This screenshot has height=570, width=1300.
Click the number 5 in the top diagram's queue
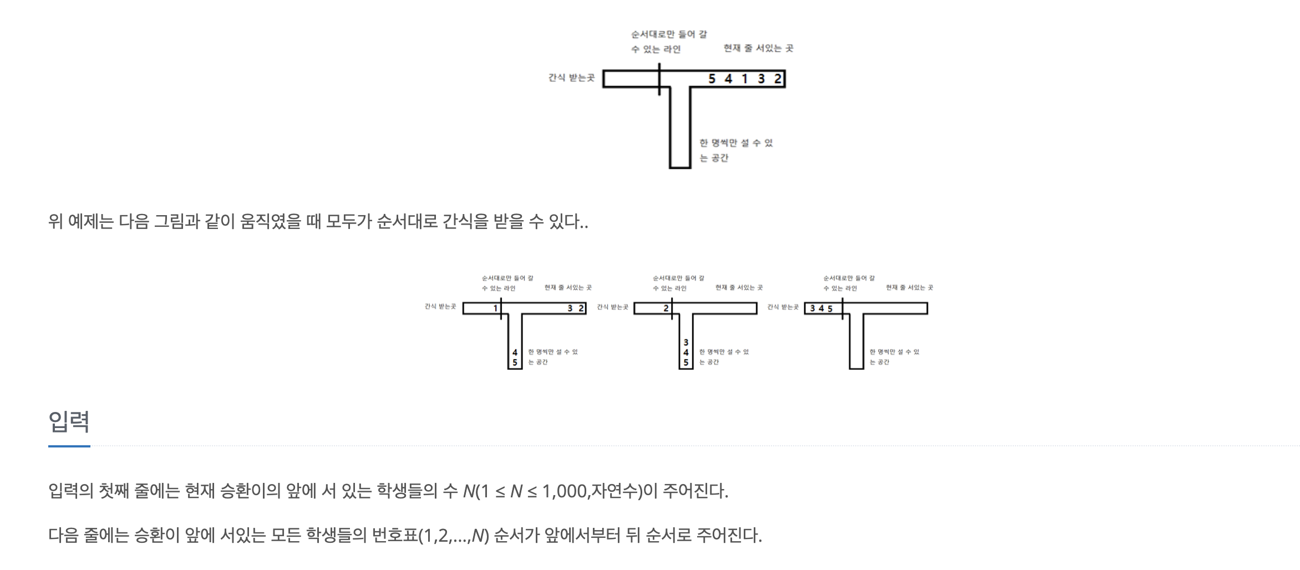point(712,79)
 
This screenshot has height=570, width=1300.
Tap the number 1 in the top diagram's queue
point(745,79)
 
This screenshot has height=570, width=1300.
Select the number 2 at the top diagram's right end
point(778,79)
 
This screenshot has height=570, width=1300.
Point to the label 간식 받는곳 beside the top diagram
point(571,78)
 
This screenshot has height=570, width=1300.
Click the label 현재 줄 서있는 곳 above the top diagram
point(758,48)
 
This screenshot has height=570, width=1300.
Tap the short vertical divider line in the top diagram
point(659,79)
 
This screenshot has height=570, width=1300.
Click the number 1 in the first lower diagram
point(496,308)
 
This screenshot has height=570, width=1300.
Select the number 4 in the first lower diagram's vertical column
point(515,352)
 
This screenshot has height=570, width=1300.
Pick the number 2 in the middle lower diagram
point(666,308)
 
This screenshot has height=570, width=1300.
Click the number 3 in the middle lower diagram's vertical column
point(686,343)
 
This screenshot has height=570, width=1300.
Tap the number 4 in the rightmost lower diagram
point(821,309)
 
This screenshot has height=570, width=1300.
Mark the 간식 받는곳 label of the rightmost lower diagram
point(783,307)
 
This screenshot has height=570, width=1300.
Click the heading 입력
point(69,421)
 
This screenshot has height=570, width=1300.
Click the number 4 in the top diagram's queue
point(729,79)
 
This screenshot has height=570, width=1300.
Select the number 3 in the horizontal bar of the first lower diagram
point(570,308)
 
